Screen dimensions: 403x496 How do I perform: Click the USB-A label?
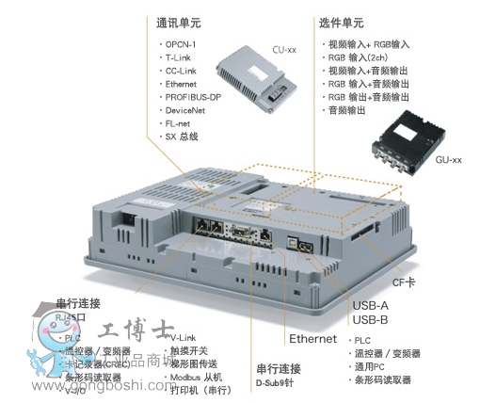tap(371, 305)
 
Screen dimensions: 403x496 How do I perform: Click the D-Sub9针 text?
tap(279, 382)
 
